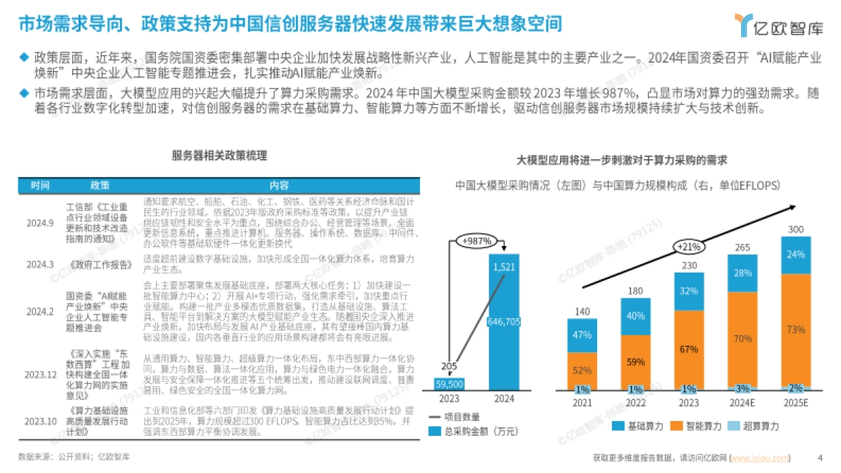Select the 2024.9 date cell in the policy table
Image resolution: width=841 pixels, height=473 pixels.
(x=40, y=223)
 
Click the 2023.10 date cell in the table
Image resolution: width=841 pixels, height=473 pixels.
(x=40, y=421)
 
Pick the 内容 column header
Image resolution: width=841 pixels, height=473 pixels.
(x=279, y=185)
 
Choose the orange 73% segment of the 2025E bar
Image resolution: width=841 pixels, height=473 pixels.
(x=795, y=329)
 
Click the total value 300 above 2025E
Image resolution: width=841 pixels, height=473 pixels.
(x=795, y=229)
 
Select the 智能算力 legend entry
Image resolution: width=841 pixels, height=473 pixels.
(x=699, y=425)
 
